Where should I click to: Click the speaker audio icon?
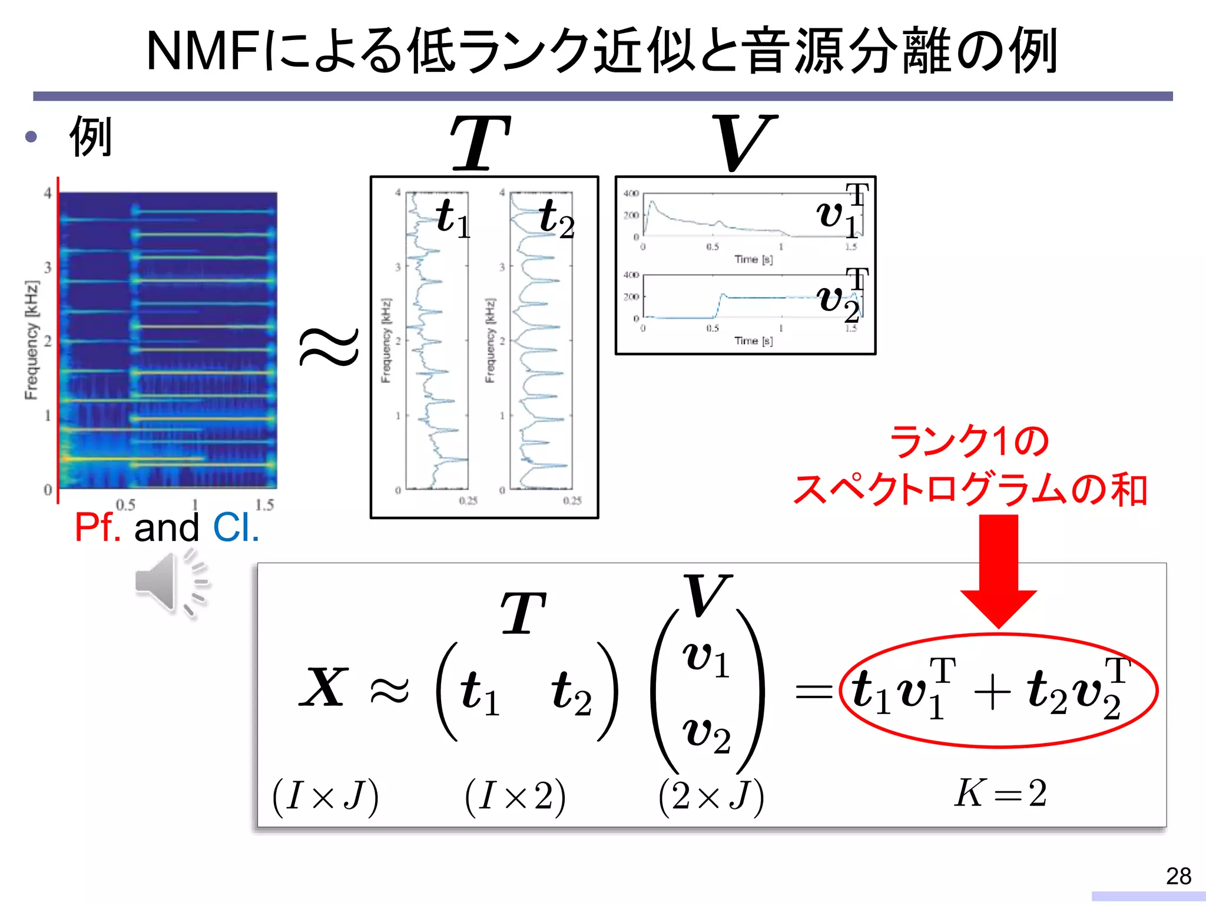pos(171,583)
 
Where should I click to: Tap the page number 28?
pos(1178,876)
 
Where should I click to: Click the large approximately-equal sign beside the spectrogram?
pos(329,346)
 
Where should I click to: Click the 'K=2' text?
pos(1000,793)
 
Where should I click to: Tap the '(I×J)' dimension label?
pos(325,797)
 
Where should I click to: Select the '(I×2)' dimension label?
pos(515,797)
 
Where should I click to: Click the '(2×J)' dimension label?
pos(711,797)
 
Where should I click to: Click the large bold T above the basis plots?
pos(480,143)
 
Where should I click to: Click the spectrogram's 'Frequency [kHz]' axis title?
pos(31,340)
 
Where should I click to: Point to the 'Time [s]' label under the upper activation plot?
pos(753,259)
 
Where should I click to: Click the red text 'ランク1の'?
pos(969,442)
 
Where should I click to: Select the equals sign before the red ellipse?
pos(814,691)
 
